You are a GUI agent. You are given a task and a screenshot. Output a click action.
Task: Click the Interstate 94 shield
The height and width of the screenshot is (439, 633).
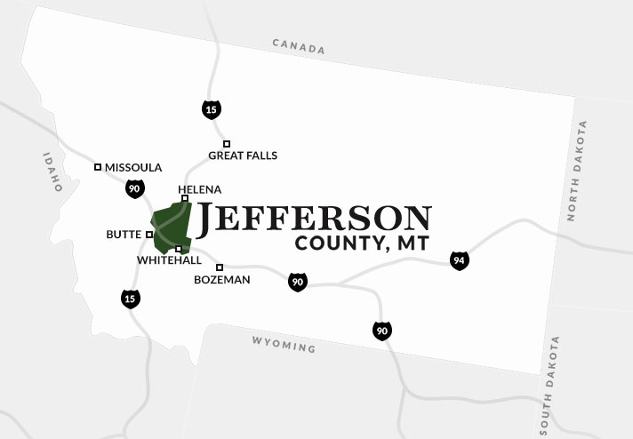tap(459, 260)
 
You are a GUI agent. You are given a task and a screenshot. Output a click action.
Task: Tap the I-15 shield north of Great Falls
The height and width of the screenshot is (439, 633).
tap(212, 109)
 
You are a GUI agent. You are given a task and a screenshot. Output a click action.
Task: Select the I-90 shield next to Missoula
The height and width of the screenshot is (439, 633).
tap(134, 188)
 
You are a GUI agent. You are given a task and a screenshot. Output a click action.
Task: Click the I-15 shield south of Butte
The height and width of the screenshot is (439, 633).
tap(131, 299)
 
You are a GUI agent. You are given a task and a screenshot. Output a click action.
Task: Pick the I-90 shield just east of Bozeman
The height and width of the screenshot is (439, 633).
tap(298, 283)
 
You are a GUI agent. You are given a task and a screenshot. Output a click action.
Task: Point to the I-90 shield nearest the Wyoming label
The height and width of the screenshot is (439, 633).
tap(381, 331)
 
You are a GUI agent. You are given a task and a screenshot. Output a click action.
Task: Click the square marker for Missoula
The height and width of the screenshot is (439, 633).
tap(98, 166)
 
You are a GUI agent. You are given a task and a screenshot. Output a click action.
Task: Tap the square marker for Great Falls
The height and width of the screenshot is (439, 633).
tap(227, 143)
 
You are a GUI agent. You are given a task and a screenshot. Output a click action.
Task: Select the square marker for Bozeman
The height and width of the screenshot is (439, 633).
tap(220, 267)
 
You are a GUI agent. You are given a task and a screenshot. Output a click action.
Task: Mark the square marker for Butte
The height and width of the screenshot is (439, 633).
tap(149, 235)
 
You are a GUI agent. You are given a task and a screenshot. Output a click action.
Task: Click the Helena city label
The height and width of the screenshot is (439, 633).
tap(199, 189)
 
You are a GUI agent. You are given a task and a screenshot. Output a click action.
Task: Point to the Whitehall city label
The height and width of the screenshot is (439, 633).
tap(169, 260)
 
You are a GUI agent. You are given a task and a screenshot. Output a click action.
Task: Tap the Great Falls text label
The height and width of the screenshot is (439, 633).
tap(243, 156)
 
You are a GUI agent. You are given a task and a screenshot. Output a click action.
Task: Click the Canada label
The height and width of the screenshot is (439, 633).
tap(299, 47)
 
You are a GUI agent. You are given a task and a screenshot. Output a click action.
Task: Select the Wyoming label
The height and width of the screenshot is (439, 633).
tap(284, 344)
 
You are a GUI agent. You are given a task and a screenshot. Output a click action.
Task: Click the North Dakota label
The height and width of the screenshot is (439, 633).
tap(576, 171)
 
